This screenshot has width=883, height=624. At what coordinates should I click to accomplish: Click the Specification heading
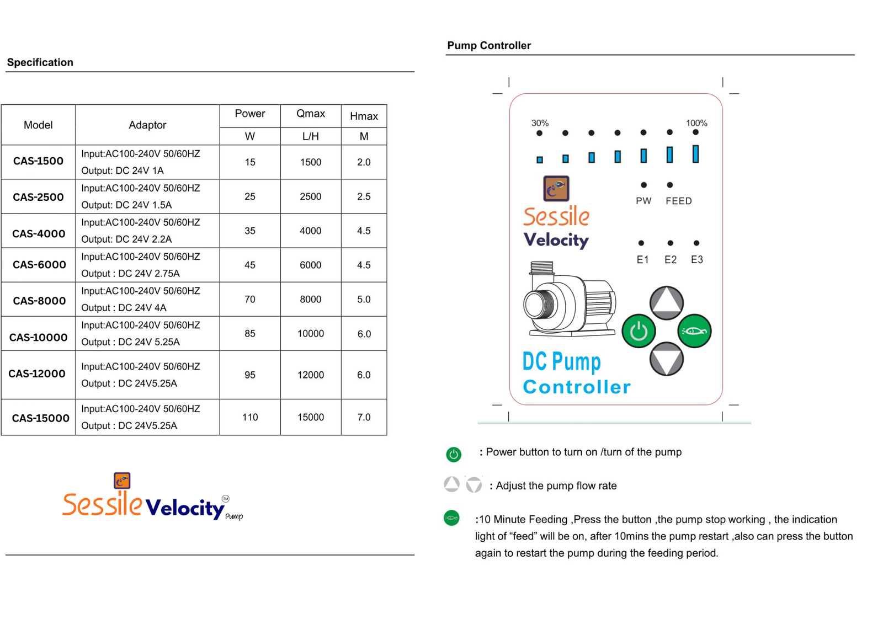[40, 62]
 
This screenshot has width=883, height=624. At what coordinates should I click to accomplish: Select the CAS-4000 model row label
[38, 233]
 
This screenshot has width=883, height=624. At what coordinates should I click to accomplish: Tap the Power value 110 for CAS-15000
[250, 417]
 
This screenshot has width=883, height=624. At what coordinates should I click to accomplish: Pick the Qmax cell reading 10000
[311, 334]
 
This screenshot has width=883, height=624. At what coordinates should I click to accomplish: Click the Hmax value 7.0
[364, 417]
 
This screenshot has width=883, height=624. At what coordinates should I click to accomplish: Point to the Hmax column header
[364, 116]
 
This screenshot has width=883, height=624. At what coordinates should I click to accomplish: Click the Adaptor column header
[147, 125]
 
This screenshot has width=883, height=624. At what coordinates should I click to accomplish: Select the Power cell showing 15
[250, 162]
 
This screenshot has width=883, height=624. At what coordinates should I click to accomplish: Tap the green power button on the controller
[639, 331]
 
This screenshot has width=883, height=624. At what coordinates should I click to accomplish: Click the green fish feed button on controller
[694, 331]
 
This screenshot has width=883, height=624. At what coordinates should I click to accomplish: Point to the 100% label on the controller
[696, 123]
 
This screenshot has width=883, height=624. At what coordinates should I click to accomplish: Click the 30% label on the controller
[540, 123]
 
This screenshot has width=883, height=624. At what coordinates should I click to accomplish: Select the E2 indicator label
[670, 259]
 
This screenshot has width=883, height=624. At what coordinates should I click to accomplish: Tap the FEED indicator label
[678, 201]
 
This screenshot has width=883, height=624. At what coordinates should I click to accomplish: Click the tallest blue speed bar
[695, 154]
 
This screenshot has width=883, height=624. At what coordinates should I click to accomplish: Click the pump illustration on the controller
[568, 301]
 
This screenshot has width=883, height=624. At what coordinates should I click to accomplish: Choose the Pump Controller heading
[489, 46]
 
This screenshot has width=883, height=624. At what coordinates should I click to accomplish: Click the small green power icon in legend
[453, 454]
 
